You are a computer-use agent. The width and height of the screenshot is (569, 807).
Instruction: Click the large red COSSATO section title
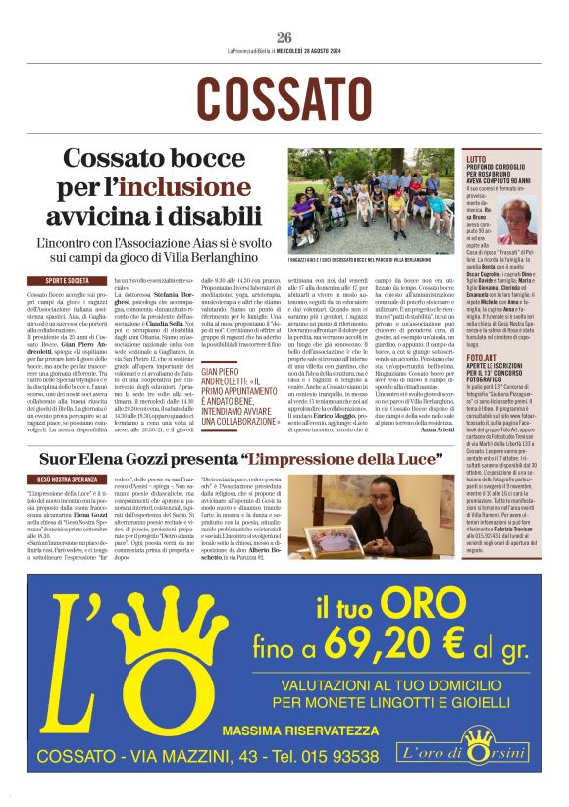tap(284, 96)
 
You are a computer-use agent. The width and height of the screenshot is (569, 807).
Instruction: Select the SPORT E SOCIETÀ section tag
tap(66, 281)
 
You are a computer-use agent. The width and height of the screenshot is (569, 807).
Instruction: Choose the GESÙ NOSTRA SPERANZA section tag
tap(66, 480)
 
